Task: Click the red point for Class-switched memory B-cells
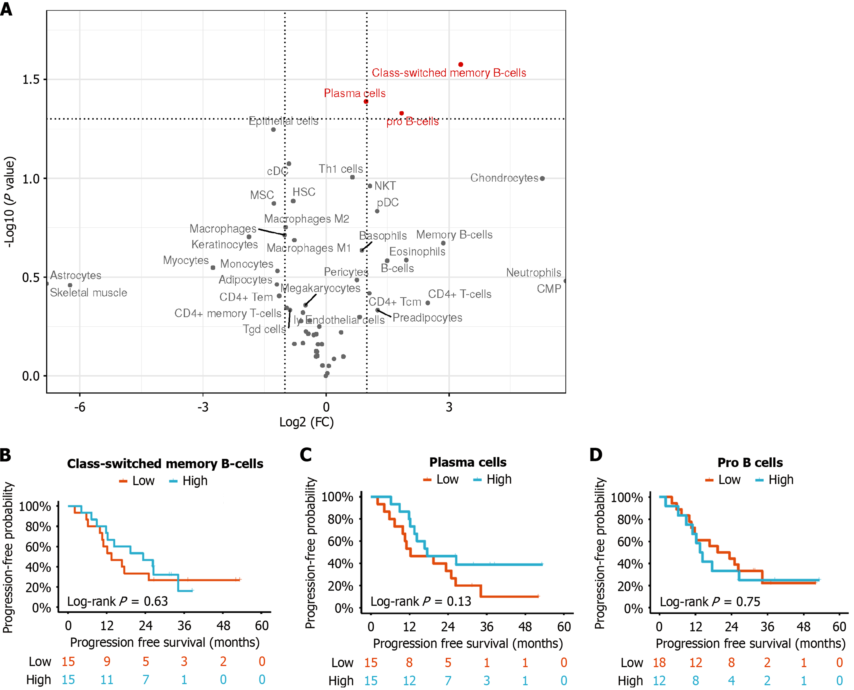[x=461, y=64]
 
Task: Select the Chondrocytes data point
[x=542, y=179]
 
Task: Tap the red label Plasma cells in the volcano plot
[x=354, y=93]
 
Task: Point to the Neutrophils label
[x=533, y=273]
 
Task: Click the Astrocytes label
[x=75, y=276]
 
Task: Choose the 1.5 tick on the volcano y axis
[x=31, y=80]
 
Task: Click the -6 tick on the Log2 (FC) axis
[x=79, y=407]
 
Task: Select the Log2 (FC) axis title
[x=306, y=422]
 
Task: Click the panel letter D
[x=596, y=455]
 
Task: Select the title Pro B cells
[x=750, y=463]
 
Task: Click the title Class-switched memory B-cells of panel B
[x=165, y=464]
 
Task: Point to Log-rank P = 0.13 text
[x=420, y=601]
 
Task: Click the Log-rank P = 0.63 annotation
[x=117, y=601]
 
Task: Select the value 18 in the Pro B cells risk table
[x=659, y=662]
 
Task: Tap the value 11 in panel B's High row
[x=106, y=680]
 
